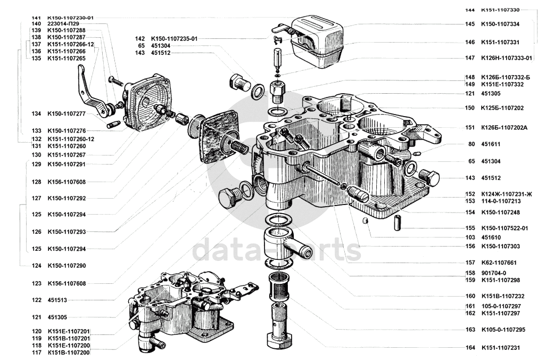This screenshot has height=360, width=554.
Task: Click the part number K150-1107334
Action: (x=500, y=24)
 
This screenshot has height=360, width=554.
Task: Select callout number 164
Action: (x=470, y=348)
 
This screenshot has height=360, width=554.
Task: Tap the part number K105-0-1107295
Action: (x=503, y=330)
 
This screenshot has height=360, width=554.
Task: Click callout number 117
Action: (x=36, y=353)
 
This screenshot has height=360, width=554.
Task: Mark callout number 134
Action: (x=36, y=113)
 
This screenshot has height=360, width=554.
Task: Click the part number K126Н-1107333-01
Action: (x=507, y=58)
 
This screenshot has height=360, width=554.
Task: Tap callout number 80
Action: (x=472, y=144)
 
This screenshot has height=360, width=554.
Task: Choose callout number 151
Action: (x=470, y=127)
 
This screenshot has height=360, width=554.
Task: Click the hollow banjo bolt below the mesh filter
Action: (x=279, y=328)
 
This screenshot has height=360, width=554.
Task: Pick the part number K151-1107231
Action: (x=500, y=348)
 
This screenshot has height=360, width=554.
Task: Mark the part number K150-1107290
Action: (x=66, y=265)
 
